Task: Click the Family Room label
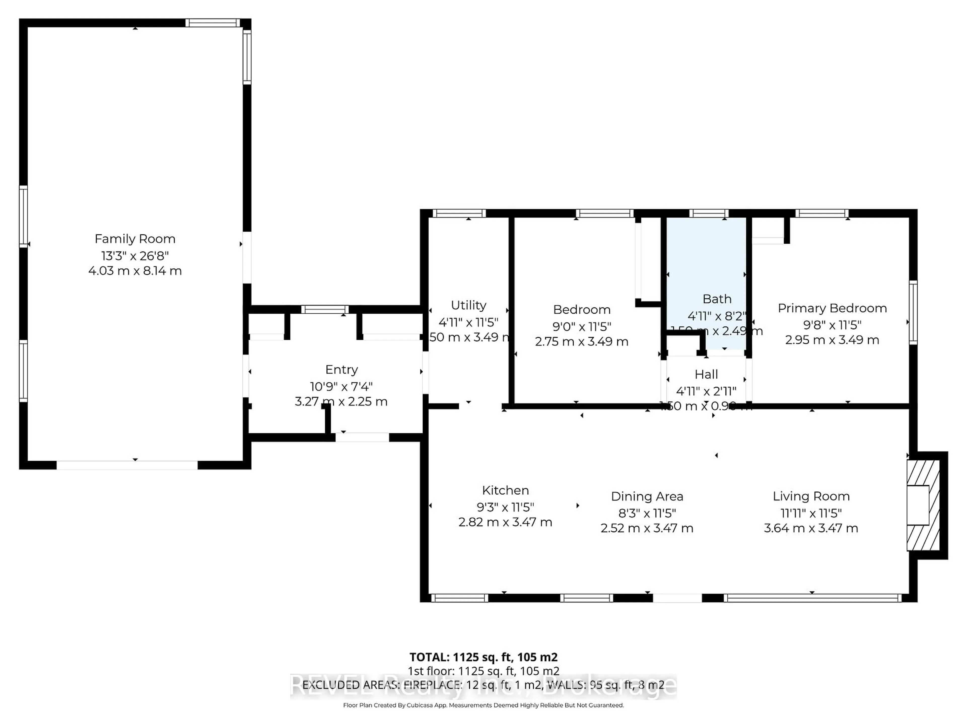(135, 239)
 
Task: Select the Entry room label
(341, 370)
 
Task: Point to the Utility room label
(468, 305)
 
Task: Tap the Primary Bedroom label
(832, 308)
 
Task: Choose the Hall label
(706, 375)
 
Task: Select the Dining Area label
(647, 496)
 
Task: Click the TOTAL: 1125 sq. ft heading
(483, 657)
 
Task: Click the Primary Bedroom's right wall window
(913, 312)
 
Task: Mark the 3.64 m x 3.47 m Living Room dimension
(811, 528)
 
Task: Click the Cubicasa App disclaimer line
(483, 705)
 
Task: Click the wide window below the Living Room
(812, 598)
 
